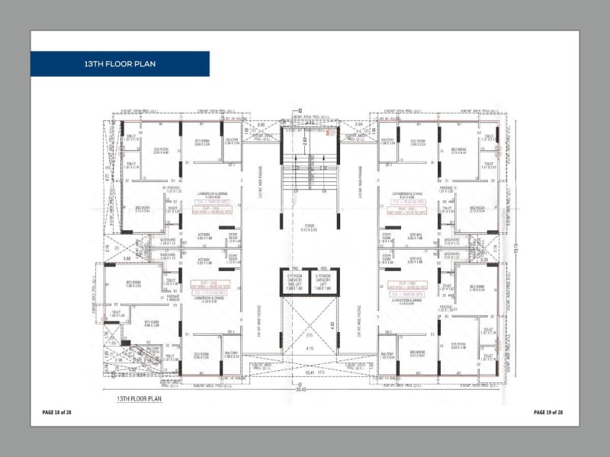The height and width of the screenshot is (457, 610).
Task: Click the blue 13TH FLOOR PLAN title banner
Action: point(120,64)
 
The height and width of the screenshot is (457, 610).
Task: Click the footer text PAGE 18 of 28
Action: point(56,412)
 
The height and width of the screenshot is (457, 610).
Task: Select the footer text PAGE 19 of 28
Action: point(548,412)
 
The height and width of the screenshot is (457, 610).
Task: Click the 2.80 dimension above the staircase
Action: point(303,141)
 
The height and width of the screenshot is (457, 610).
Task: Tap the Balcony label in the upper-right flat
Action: point(387,140)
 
